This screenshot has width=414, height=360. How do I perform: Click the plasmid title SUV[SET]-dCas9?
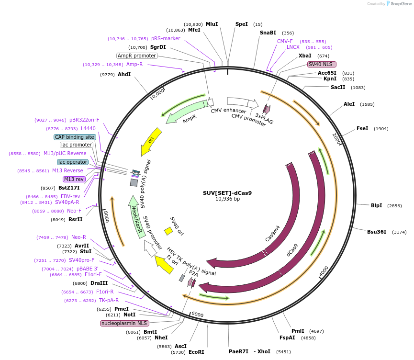(x=227, y=193)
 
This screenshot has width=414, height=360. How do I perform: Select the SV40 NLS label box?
(x=322, y=64)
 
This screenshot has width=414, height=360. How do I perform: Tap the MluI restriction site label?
(x=212, y=24)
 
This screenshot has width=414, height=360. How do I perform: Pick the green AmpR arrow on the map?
(x=184, y=110)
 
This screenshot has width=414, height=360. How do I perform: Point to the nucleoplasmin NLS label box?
(x=124, y=323)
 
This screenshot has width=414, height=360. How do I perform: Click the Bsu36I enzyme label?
(x=376, y=232)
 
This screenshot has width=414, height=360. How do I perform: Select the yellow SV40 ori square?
(x=168, y=231)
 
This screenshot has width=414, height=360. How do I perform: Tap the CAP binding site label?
(x=75, y=137)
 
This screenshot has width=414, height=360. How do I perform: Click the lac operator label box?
(x=73, y=162)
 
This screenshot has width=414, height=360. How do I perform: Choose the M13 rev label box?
(x=74, y=179)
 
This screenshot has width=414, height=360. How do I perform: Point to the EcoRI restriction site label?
(x=196, y=352)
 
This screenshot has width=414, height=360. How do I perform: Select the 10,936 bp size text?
(x=227, y=199)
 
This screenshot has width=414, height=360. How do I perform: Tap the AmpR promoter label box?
(x=137, y=56)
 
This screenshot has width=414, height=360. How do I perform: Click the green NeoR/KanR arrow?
(x=136, y=215)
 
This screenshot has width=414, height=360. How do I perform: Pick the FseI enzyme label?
(x=362, y=128)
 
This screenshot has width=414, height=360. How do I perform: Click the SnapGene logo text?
(x=401, y=4)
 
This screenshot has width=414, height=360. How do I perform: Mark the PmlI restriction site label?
(x=298, y=331)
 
